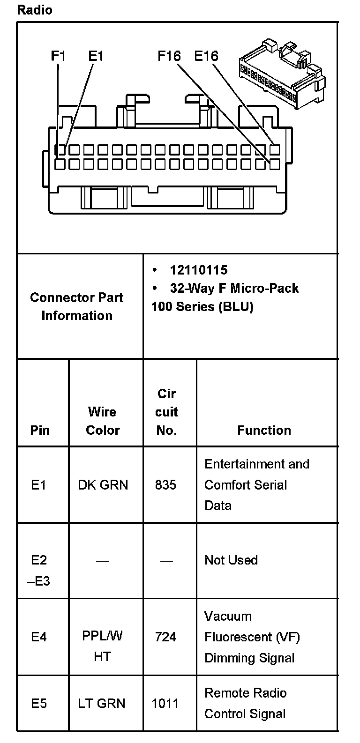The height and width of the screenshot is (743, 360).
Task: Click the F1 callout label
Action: pos(58,56)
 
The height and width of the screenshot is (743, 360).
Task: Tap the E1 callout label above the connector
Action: pos(96,56)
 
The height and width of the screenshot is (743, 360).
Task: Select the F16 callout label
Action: pos(169,56)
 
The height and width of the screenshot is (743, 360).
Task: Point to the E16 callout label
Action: pos(206,56)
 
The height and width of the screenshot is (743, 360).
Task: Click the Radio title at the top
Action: pos(35,10)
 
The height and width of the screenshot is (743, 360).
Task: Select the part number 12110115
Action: pos(198,270)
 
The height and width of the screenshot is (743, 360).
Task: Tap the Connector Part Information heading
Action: pos(77,306)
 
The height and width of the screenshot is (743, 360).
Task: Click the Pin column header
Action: pos(40,430)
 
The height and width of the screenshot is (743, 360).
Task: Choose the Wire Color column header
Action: pos(103,421)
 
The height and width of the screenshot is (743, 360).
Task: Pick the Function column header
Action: pos(264,430)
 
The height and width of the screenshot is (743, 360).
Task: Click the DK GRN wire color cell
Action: pos(103,484)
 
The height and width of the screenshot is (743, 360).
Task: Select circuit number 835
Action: pos(165,484)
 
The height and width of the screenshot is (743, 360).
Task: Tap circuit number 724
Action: pos(165,637)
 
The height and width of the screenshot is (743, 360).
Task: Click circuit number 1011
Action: pos(165,703)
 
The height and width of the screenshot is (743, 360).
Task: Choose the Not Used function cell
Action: pos(231,560)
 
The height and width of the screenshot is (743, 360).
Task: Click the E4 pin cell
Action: pos(39,637)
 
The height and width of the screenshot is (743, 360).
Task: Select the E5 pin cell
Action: pos(39,703)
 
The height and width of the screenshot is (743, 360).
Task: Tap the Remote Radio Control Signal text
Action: pos(245,703)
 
